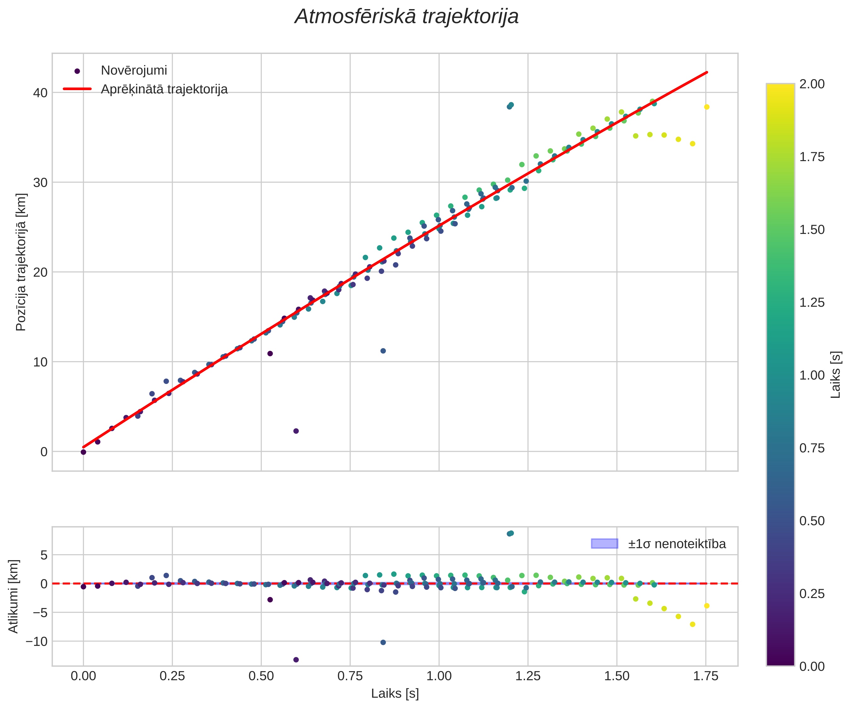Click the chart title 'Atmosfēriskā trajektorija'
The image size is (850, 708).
coord(406,17)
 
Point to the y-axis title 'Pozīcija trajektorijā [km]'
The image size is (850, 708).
coord(21,262)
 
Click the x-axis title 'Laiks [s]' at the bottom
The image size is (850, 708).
coord(395,693)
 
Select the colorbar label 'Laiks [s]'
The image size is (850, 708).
coord(836,374)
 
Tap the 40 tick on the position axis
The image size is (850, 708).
coord(40,93)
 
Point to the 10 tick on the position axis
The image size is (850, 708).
coord(40,362)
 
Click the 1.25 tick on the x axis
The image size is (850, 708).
coord(528,676)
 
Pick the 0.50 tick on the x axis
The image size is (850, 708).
coord(261,676)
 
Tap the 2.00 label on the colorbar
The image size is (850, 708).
coord(812,84)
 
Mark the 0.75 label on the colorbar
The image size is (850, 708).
coord(812,448)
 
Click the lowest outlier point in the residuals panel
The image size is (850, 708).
coord(296,659)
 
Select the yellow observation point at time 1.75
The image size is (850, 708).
coord(707,107)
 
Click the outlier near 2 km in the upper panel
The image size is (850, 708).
coord(296,431)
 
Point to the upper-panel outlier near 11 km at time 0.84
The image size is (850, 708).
coord(383,351)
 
